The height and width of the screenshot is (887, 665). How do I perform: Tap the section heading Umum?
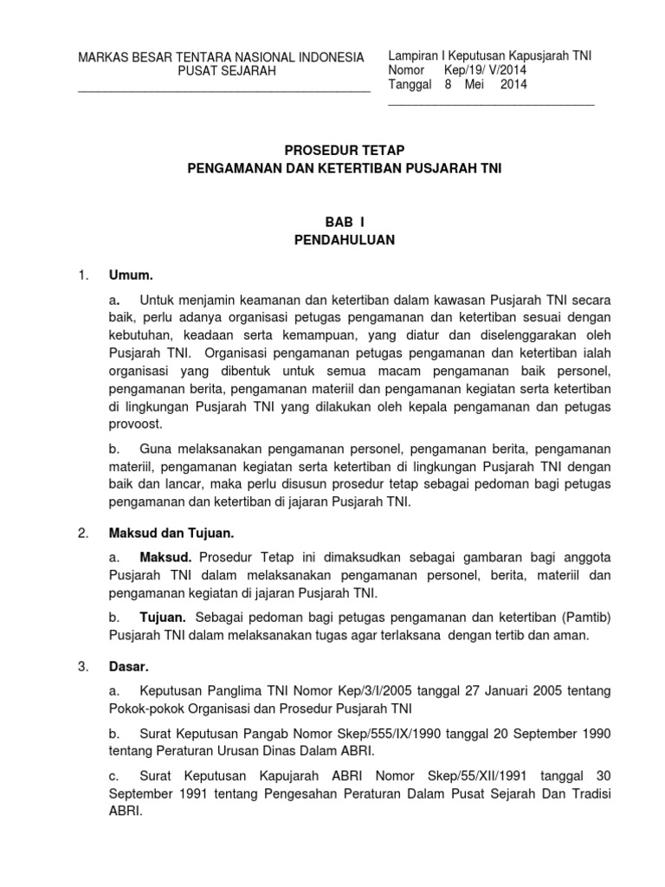coord(130,276)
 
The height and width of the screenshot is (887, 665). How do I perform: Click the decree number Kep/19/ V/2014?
coord(475,70)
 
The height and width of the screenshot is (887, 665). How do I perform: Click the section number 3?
coord(83,667)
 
